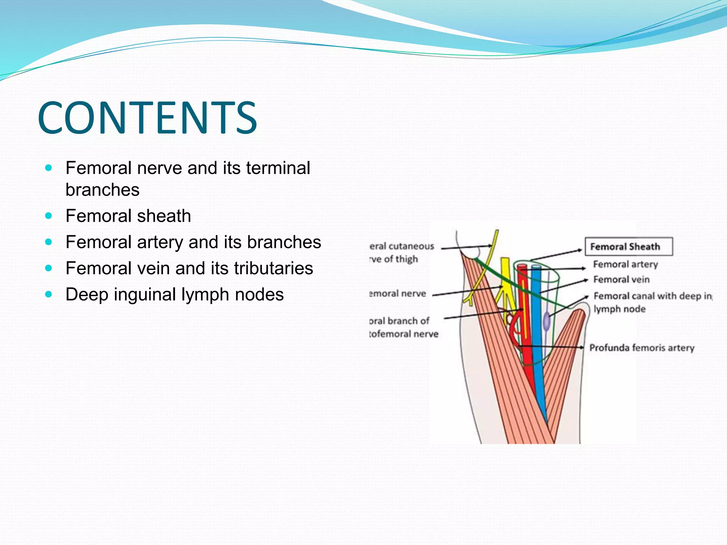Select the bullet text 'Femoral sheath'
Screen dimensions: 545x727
click(128, 216)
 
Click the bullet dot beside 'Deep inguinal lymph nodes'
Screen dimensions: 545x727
click(49, 294)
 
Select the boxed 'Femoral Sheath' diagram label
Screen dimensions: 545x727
click(628, 247)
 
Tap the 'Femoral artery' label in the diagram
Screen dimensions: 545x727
click(625, 264)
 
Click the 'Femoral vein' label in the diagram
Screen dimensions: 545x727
click(621, 280)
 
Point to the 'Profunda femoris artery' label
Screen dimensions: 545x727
click(641, 348)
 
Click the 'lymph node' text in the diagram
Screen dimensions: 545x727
click(619, 309)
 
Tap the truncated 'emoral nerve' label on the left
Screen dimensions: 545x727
click(398, 293)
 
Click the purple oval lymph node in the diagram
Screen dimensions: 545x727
click(547, 321)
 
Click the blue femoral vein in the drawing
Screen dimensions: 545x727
click(537, 319)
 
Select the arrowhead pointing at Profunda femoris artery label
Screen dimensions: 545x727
click(582, 347)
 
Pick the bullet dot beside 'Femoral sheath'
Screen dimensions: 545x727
click(49, 216)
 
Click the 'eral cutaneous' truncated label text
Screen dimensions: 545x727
click(402, 246)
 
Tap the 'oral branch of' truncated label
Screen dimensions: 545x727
click(399, 321)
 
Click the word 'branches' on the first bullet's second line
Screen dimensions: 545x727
click(103, 190)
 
